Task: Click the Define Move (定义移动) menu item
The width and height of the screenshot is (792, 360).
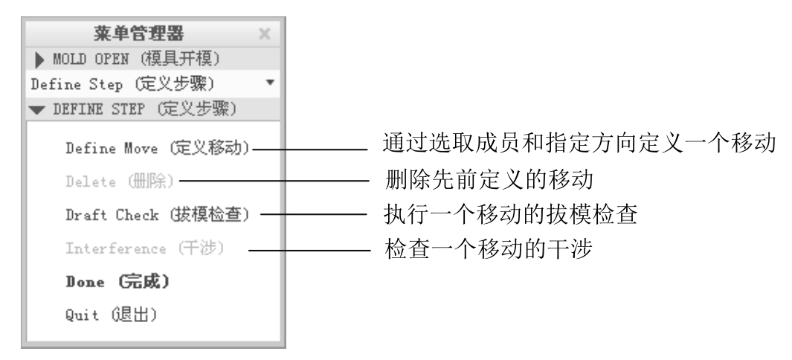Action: pyautogui.click(x=157, y=148)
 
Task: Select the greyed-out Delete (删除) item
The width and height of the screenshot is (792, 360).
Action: pyautogui.click(x=120, y=181)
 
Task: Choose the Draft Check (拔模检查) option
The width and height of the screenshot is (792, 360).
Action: pyautogui.click(x=157, y=214)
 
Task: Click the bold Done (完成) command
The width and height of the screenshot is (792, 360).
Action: pyautogui.click(x=117, y=282)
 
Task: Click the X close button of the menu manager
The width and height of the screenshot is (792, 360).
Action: pyautogui.click(x=265, y=33)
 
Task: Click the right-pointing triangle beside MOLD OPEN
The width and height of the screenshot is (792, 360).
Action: pyautogui.click(x=37, y=58)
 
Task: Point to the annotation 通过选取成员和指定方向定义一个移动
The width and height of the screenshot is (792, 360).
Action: pyautogui.click(x=580, y=144)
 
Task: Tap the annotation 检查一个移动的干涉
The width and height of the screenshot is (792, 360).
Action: pyautogui.click(x=487, y=248)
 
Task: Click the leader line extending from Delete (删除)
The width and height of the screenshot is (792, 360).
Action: pyautogui.click(x=275, y=180)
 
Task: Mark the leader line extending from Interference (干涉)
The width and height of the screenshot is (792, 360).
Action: pyautogui.click(x=309, y=250)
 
